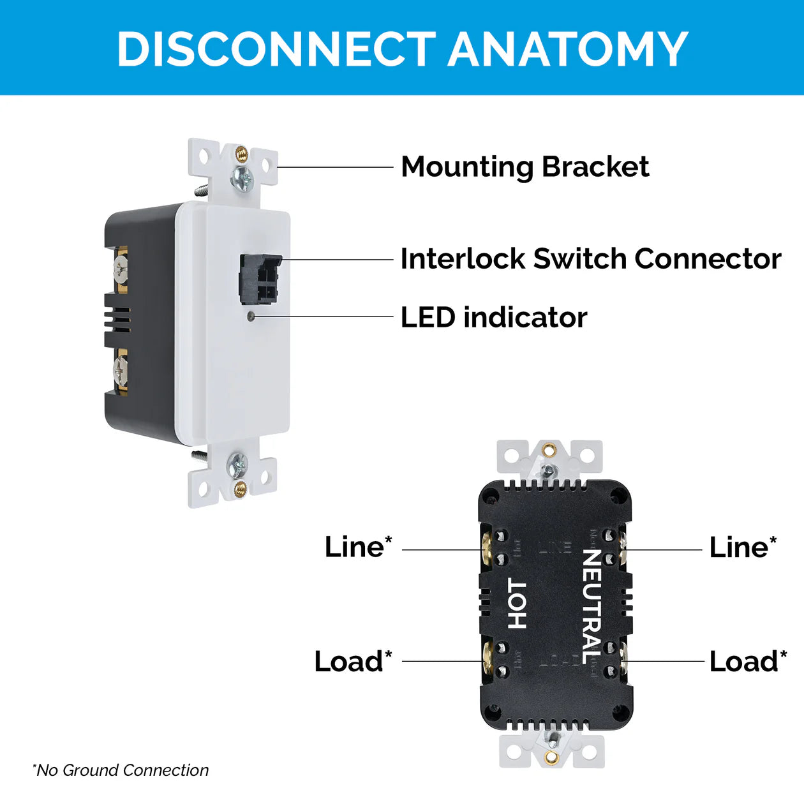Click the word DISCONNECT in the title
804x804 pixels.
tap(276, 49)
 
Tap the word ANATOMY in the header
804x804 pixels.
tap(567, 49)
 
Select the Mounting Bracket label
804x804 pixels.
tap(525, 167)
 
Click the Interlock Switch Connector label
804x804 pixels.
tap(590, 259)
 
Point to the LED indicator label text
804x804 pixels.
tap(493, 317)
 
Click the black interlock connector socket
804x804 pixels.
tap(259, 278)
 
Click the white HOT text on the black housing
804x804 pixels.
tap(517, 604)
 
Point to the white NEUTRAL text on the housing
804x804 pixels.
tap(592, 606)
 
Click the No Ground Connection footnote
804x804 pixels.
tap(121, 770)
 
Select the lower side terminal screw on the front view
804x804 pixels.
tap(121, 369)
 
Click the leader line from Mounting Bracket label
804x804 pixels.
tap(335, 167)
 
